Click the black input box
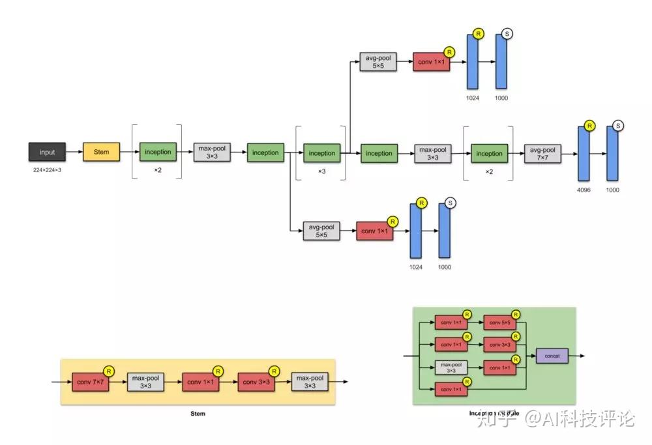point(47,152)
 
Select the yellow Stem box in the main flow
point(101,152)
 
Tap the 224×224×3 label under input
point(47,170)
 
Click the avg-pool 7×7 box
point(542,154)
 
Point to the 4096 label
point(584,190)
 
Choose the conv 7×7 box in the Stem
point(91,382)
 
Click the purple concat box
point(552,356)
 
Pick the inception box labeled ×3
point(321,154)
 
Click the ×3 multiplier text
point(321,171)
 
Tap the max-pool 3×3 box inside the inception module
point(451,368)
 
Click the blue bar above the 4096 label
point(584,154)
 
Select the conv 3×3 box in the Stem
point(256,382)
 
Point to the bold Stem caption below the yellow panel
point(198,414)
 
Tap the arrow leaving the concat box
point(576,356)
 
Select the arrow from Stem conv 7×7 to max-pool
point(118,382)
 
